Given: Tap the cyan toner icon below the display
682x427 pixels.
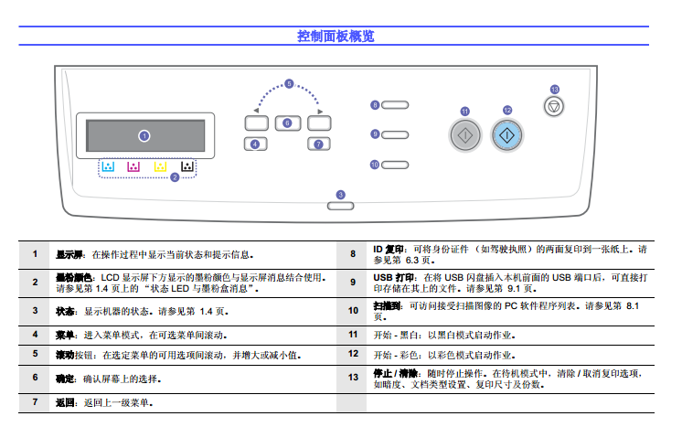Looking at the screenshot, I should [108, 166].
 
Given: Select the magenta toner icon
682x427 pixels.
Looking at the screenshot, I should [133, 166].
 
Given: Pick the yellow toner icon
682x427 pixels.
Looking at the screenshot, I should [160, 166].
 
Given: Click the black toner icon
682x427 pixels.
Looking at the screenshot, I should [186, 166].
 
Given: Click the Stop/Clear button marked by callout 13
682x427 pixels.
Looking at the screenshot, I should [552, 107].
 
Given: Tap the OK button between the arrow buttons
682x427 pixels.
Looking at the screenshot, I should [286, 123].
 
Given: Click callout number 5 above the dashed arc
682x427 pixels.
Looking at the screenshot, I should [289, 84].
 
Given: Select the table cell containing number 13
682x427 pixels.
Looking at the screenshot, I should [353, 377].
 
